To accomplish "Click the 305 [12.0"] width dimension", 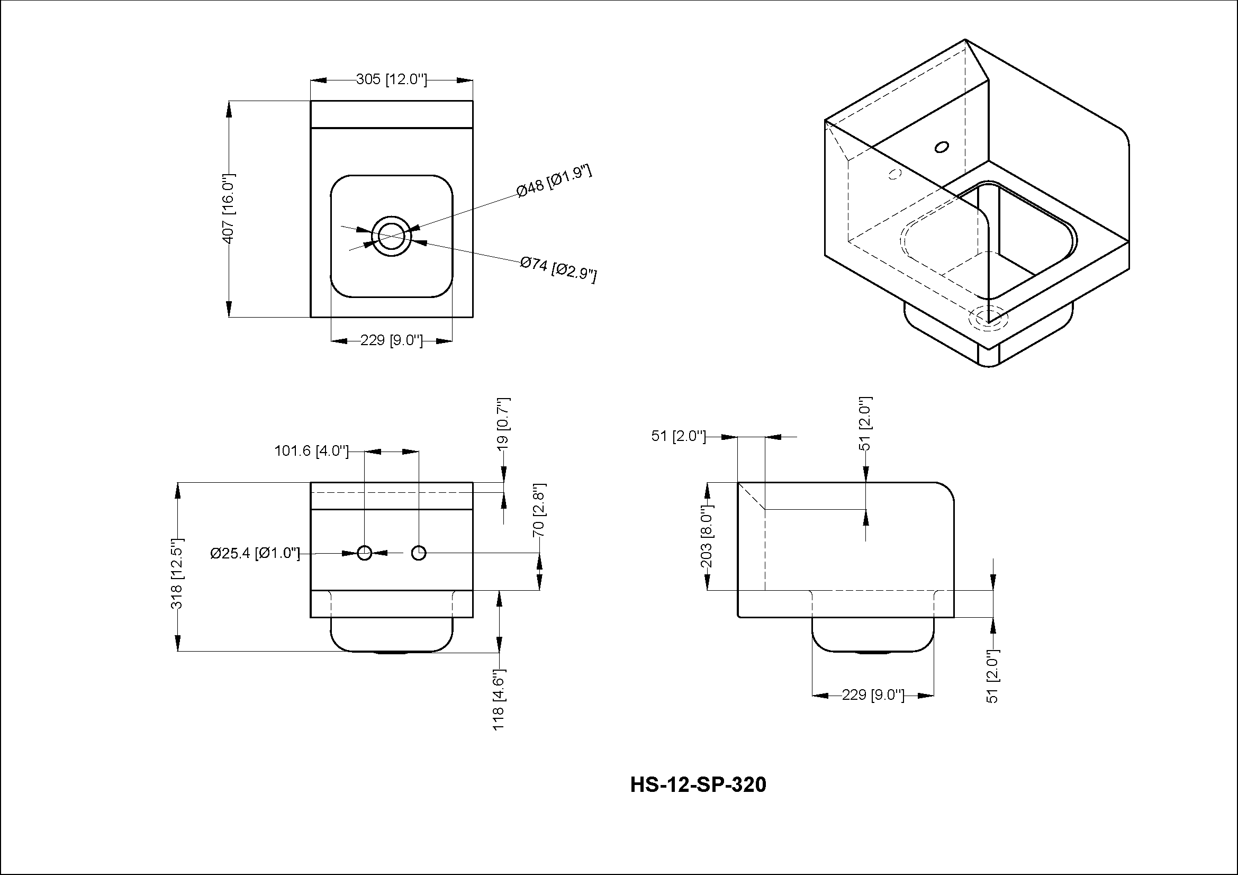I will pyautogui.click(x=392, y=80).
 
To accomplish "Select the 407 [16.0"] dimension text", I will pyautogui.click(x=229, y=208).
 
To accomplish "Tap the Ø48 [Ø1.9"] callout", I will pyautogui.click(x=554, y=182).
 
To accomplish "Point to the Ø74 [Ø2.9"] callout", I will pyautogui.click(x=558, y=269).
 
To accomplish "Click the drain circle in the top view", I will pyautogui.click(x=392, y=236).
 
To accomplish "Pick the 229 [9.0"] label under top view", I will pyautogui.click(x=392, y=340).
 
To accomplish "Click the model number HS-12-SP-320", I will pyautogui.click(x=698, y=785).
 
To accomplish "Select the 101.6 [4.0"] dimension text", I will pyautogui.click(x=312, y=450).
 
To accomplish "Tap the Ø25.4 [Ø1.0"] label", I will pyautogui.click(x=255, y=553).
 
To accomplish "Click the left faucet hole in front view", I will pyautogui.click(x=365, y=553).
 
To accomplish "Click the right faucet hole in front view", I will pyautogui.click(x=419, y=553).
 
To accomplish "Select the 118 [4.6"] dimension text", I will pyautogui.click(x=499, y=699).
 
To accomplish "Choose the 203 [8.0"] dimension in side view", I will pyautogui.click(x=707, y=537).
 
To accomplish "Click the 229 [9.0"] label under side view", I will pyautogui.click(x=872, y=695).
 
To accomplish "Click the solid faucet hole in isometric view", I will pyautogui.click(x=942, y=147).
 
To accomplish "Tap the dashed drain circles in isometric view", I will pyautogui.click(x=987, y=318).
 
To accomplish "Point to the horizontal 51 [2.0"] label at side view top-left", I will pyautogui.click(x=679, y=436).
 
